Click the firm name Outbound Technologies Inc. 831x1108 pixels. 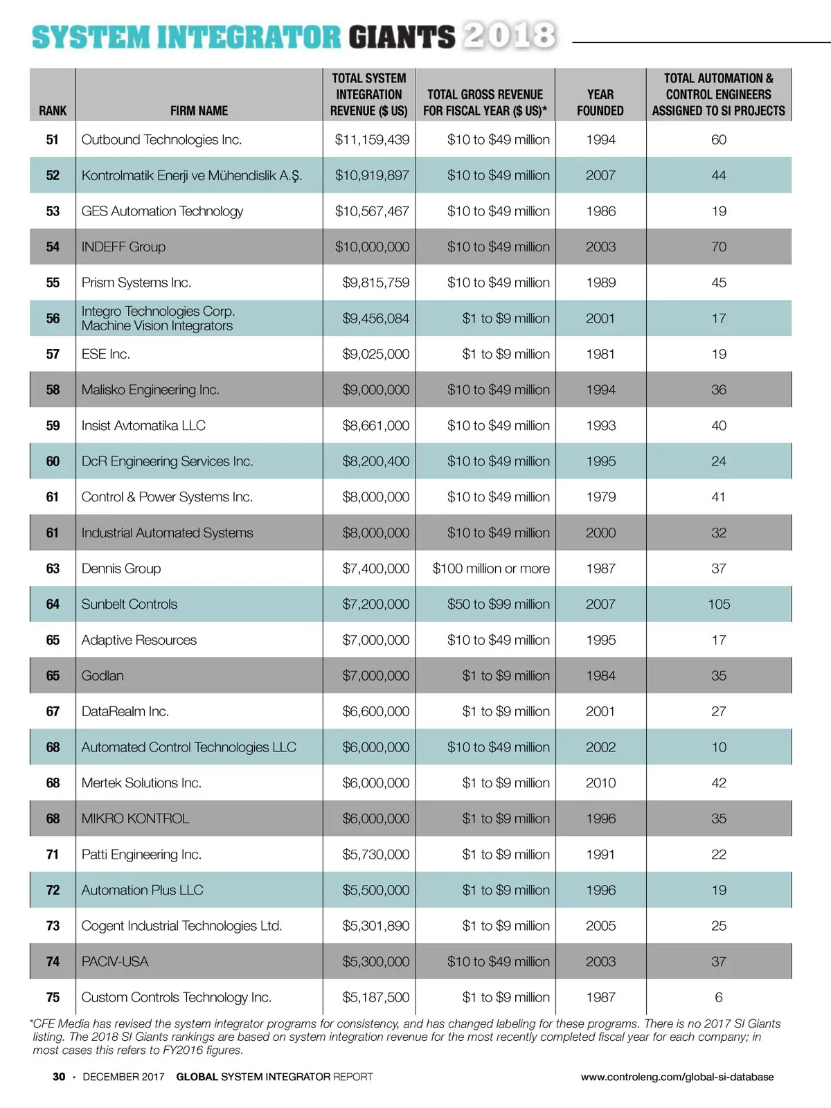161,140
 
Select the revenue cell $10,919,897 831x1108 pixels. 372,176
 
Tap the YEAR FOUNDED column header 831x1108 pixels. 600,102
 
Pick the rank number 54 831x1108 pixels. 53,247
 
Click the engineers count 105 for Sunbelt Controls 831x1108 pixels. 719,605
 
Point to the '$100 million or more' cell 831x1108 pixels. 491,569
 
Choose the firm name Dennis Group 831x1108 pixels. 121,569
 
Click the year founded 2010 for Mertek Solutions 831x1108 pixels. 600,783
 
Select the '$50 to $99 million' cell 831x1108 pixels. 498,605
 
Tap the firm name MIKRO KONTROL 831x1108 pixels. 135,819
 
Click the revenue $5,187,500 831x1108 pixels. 375,997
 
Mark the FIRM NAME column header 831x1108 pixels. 199,111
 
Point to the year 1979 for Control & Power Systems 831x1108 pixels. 600,497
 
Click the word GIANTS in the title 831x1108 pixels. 402,37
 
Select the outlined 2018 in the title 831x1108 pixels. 510,35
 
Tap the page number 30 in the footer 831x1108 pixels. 59,1077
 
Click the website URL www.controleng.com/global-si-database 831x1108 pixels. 677,1077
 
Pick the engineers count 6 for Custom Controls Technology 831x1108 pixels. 719,997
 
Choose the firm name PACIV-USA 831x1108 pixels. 115,962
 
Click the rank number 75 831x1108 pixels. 53,997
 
